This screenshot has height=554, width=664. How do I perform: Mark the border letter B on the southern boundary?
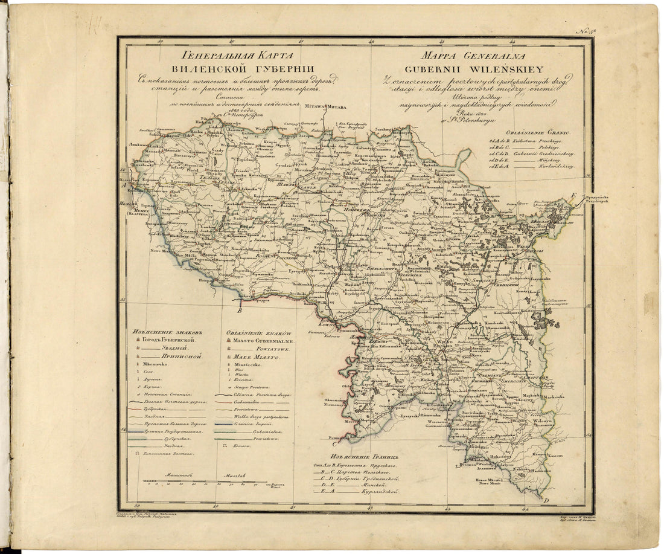240,311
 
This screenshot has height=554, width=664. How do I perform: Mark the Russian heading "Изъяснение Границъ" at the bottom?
357,456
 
